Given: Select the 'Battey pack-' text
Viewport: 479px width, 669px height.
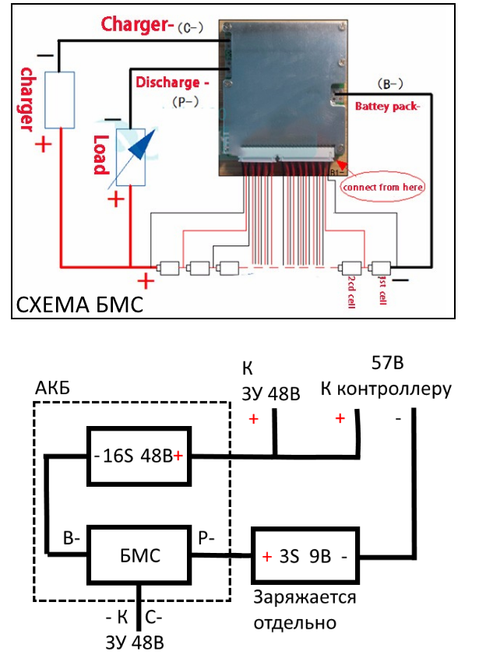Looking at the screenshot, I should [x=387, y=107].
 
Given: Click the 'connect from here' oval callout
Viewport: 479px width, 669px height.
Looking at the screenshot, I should [x=383, y=187].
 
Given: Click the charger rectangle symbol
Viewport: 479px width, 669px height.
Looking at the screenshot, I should [x=59, y=100].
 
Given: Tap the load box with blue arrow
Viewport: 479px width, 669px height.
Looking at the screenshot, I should [x=132, y=157].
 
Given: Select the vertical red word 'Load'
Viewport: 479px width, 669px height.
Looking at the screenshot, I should [x=100, y=155].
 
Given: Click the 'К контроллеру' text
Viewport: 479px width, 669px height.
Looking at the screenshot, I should [x=386, y=389].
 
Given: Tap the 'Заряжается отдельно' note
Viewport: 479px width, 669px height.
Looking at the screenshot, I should [x=304, y=610].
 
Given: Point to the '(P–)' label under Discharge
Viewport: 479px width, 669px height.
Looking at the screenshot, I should [x=184, y=101].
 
